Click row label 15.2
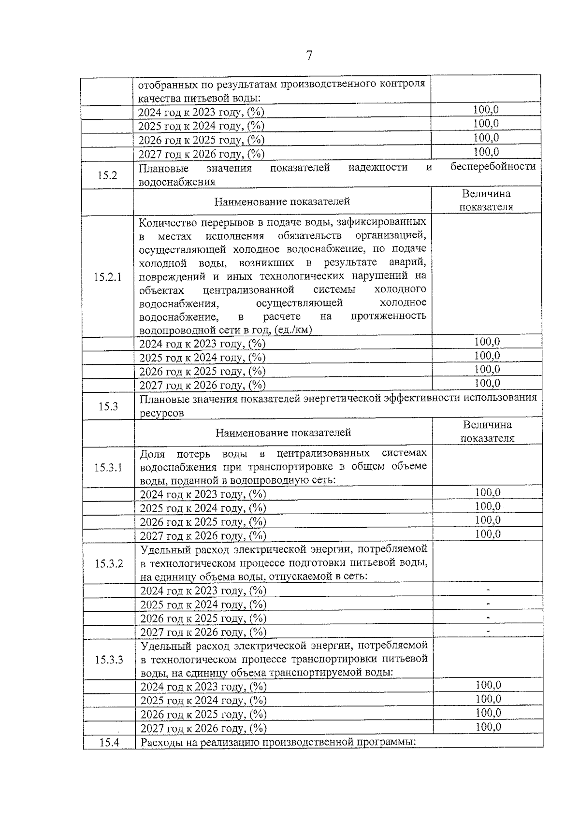click(x=107, y=175)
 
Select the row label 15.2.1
click(x=107, y=277)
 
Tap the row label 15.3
click(x=108, y=406)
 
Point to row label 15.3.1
click(x=108, y=467)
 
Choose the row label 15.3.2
click(x=109, y=563)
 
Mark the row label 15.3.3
click(x=109, y=660)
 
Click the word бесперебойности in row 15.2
click(x=493, y=167)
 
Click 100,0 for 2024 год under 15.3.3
click(x=488, y=685)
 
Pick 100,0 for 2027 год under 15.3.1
click(x=488, y=534)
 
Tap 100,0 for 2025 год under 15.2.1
click(x=487, y=356)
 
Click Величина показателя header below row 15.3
click(x=487, y=432)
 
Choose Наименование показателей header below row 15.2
click(x=282, y=201)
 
